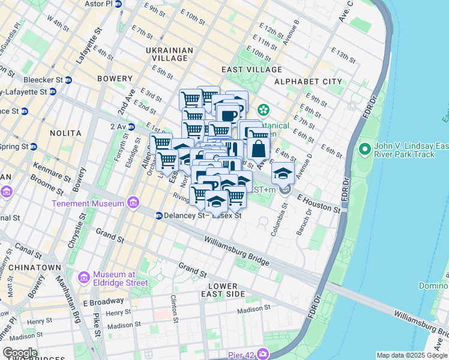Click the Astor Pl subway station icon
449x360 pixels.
pyautogui.click(x=118, y=4)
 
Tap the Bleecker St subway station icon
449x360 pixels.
pyautogui.click(x=69, y=80)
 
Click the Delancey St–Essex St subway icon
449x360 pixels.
pyautogui.click(x=159, y=215)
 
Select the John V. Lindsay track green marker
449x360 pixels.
pyautogui.click(x=364, y=148)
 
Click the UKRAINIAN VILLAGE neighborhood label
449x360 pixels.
pyautogui.click(x=170, y=56)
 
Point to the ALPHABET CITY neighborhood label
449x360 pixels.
pyautogui.click(x=308, y=82)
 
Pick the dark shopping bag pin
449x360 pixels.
pyautogui.click(x=259, y=148)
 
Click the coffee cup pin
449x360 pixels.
pyautogui.click(x=228, y=115)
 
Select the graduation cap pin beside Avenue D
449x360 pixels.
pyautogui.click(x=283, y=173)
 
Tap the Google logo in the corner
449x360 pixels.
pyautogui.click(x=20, y=353)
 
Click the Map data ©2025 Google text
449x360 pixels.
pyautogui.click(x=411, y=355)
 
